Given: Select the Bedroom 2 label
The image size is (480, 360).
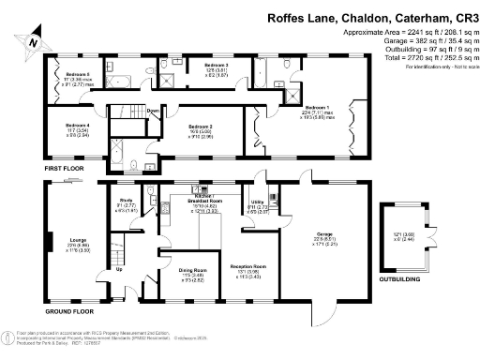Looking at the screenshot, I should (200, 126).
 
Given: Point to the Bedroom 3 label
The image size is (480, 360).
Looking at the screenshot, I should (217, 65).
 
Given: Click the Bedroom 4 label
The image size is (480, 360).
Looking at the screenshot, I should (78, 126).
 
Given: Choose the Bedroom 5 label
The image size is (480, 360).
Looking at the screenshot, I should (78, 73).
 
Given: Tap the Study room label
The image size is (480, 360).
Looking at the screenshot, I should (126, 200).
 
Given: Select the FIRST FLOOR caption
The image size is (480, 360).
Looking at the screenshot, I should (65, 167).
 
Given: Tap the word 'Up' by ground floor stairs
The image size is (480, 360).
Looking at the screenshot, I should (119, 270).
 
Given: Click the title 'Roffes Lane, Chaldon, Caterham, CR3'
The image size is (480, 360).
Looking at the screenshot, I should (373, 17).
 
